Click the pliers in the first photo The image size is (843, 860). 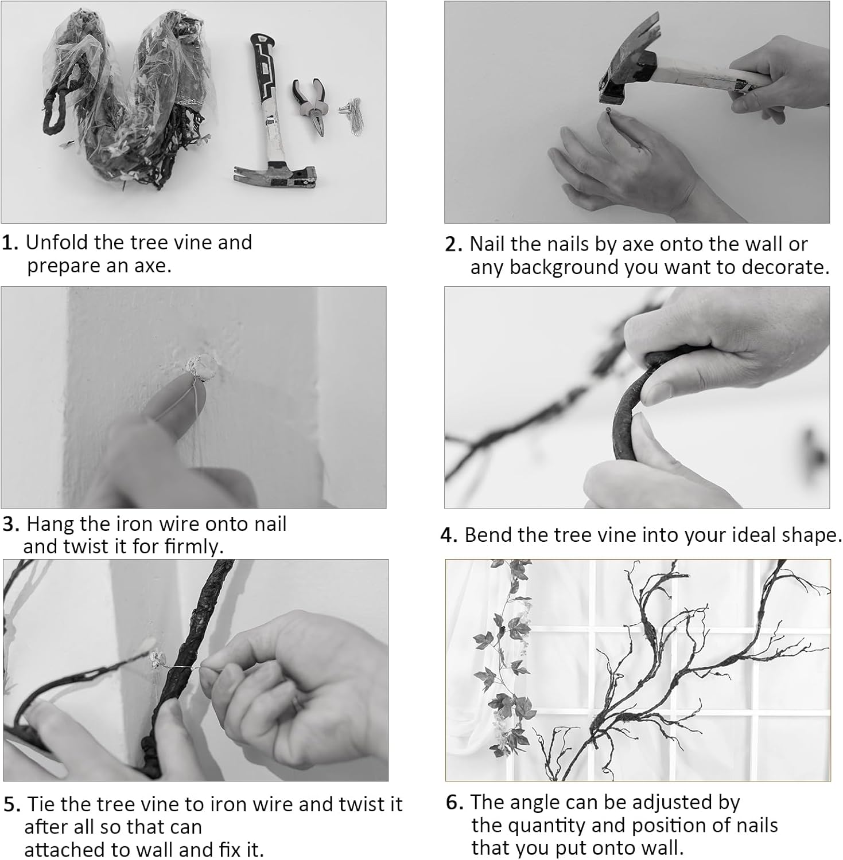tap(310, 105)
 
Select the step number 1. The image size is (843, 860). tap(10, 243)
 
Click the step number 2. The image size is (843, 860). tap(453, 245)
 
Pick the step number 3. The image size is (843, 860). tap(11, 525)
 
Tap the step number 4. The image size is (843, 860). tap(449, 535)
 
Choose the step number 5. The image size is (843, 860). tap(12, 805)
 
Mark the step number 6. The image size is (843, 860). tap(454, 803)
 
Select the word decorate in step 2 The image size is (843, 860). tap(784, 267)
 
